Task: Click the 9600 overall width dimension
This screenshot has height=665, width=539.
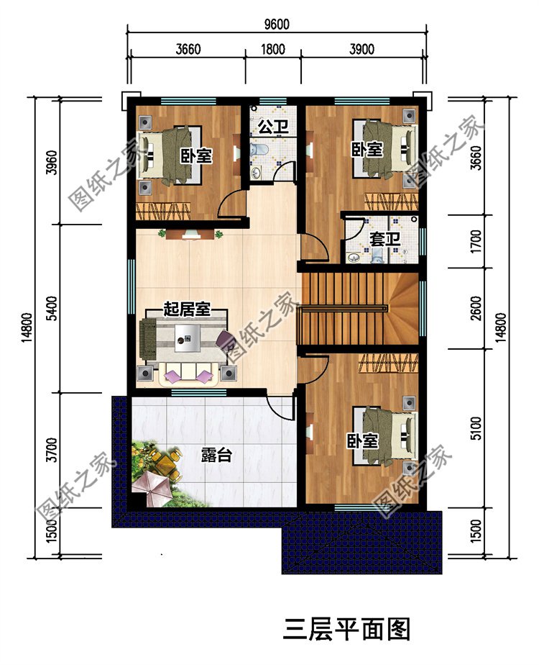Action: click(x=277, y=24)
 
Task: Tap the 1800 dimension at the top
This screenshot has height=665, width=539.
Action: click(x=272, y=49)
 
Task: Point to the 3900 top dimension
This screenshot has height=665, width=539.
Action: click(x=361, y=49)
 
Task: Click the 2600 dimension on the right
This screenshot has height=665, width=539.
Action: click(x=476, y=308)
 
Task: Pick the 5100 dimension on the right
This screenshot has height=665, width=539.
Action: click(x=476, y=428)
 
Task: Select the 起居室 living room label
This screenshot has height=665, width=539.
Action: click(x=187, y=309)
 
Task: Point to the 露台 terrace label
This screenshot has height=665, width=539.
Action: click(x=216, y=455)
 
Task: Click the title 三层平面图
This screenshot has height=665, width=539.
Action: click(x=346, y=629)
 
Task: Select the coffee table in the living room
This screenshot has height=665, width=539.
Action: click(x=187, y=338)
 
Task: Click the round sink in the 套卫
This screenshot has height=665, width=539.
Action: click(x=354, y=257)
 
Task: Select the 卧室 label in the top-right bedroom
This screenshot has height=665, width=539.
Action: click(x=367, y=149)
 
